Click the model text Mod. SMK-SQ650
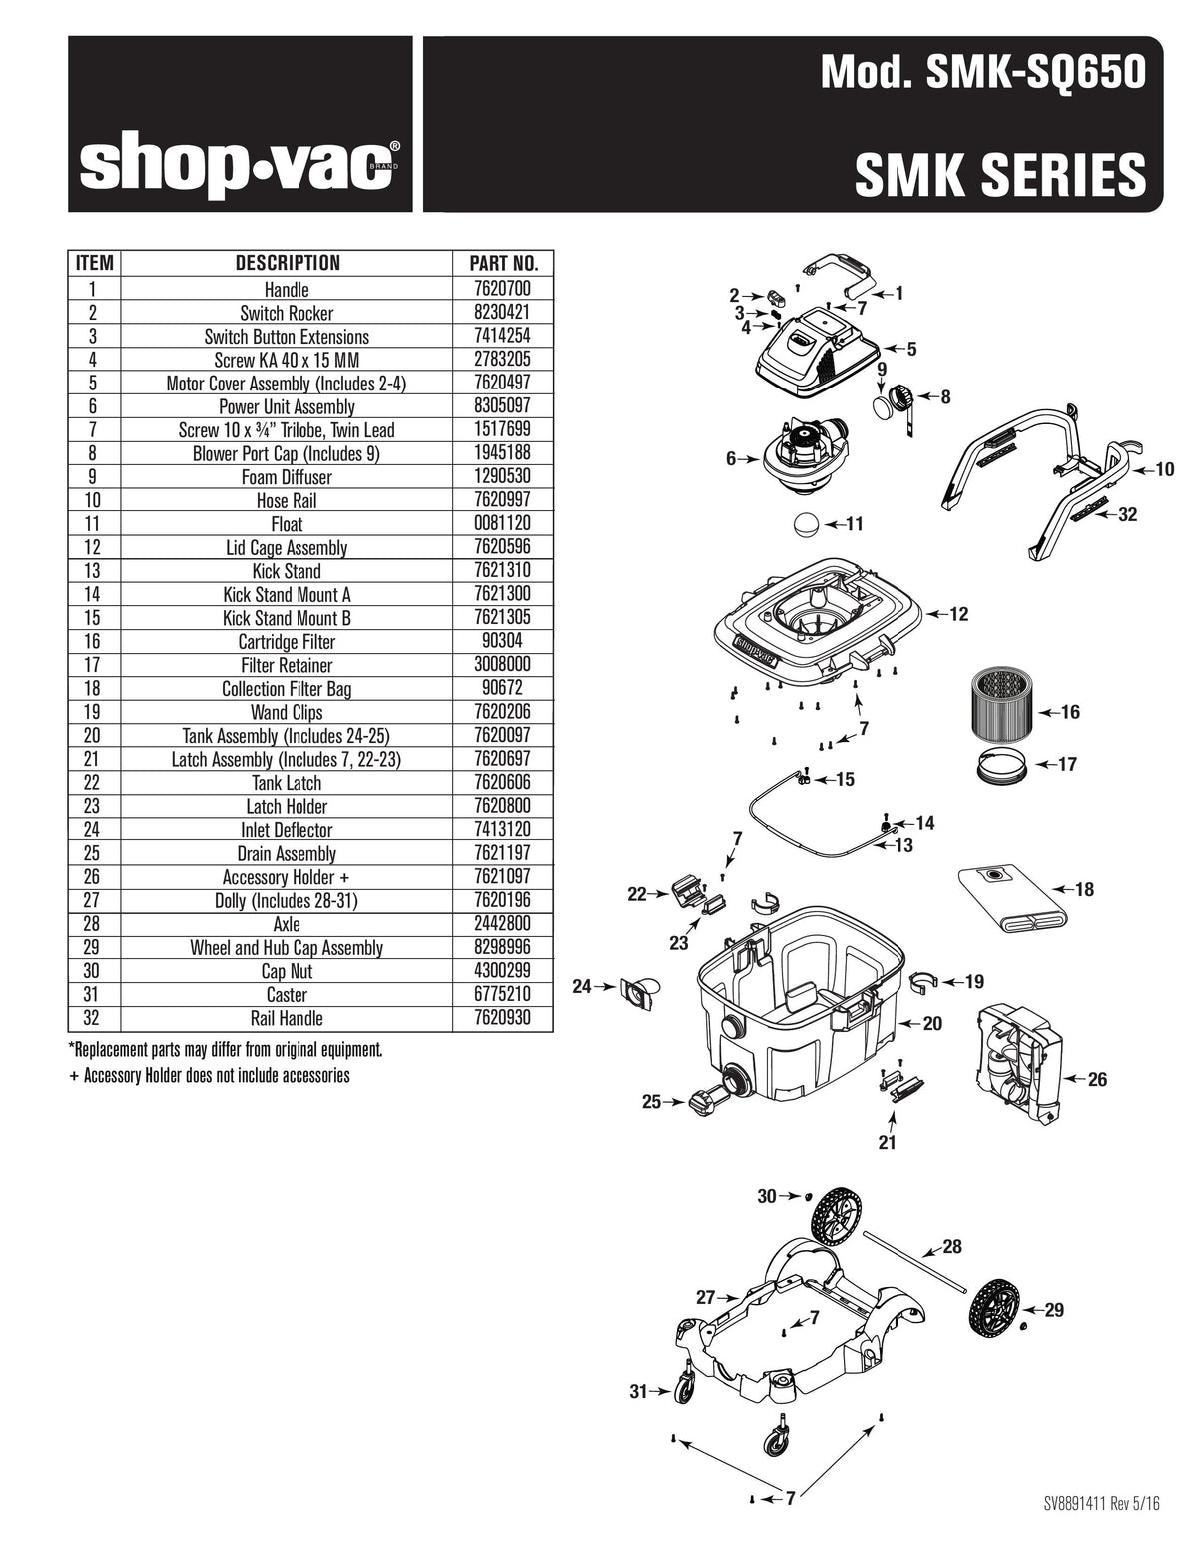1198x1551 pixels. click(982, 72)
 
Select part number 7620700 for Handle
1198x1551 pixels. click(504, 290)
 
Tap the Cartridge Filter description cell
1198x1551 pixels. click(287, 642)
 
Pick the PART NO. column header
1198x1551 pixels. click(504, 264)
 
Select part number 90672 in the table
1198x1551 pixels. click(504, 689)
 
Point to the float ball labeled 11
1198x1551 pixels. click(806, 524)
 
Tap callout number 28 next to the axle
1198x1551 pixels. click(952, 1246)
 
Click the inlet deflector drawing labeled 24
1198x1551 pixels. click(638, 991)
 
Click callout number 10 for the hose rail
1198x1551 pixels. click(1164, 469)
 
